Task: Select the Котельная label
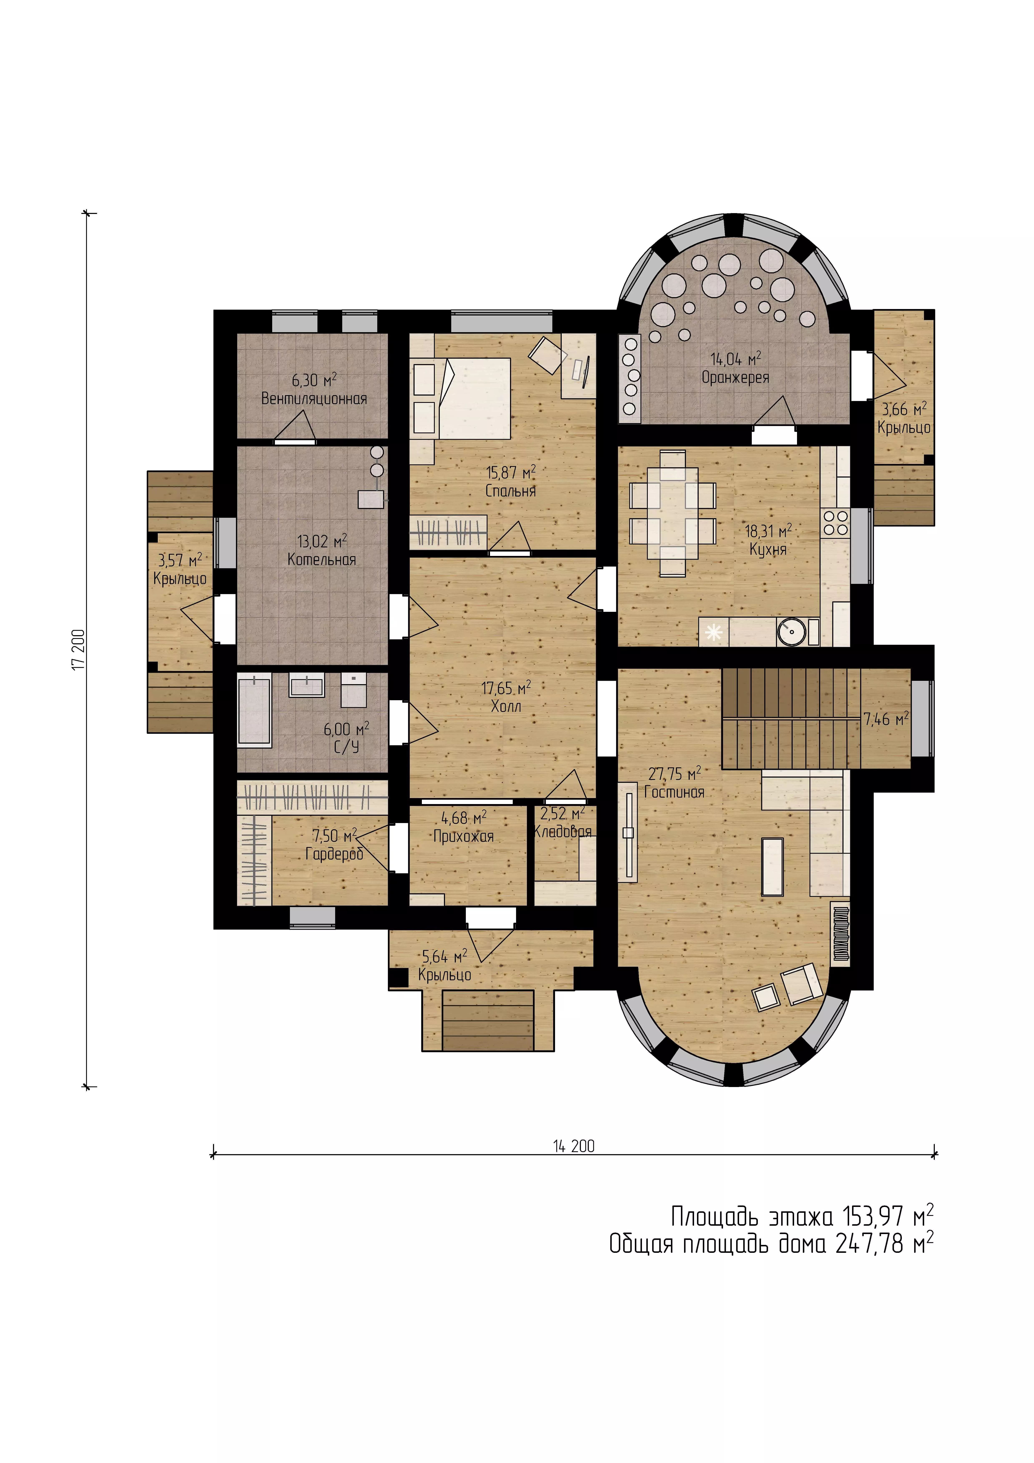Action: click(322, 560)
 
